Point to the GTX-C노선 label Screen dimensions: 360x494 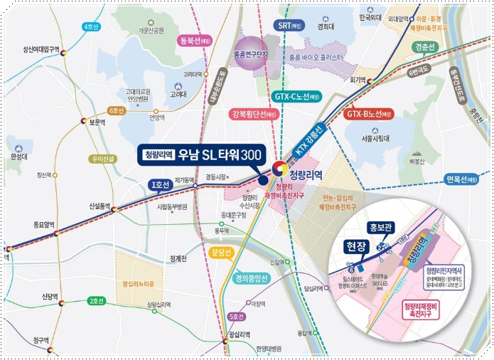tap(298, 96)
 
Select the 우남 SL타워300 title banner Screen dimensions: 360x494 tap(202, 154)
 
